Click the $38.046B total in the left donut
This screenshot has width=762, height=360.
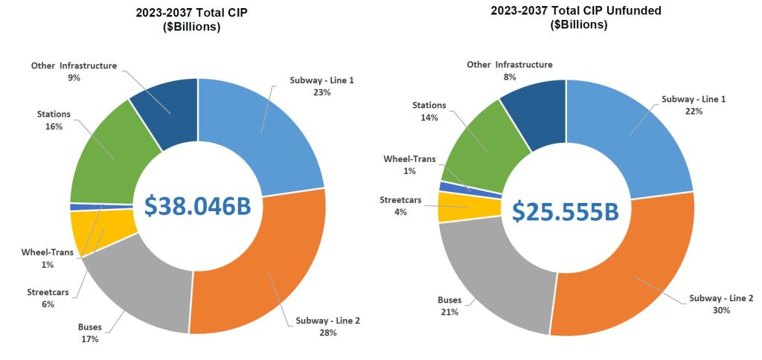(x=197, y=207)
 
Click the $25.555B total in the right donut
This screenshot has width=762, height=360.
(x=566, y=211)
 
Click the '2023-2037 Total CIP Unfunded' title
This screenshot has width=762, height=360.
(x=576, y=11)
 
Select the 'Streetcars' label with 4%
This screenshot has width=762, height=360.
(x=401, y=200)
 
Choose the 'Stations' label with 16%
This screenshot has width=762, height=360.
(x=54, y=114)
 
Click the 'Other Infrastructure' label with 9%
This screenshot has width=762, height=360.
(x=74, y=65)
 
